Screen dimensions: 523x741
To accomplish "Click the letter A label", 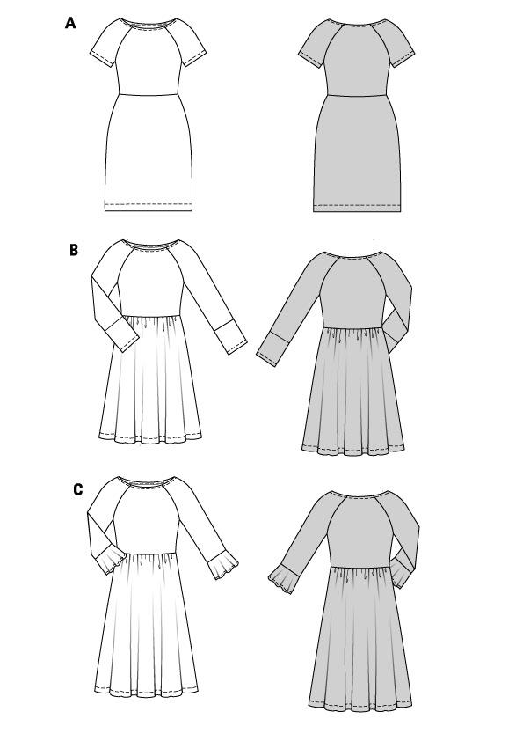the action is pyautogui.click(x=70, y=23).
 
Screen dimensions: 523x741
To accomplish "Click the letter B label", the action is pyautogui.click(x=74, y=250).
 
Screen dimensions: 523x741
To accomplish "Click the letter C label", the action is pyautogui.click(x=78, y=489).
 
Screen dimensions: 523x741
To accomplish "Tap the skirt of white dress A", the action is pyautogui.click(x=148, y=152).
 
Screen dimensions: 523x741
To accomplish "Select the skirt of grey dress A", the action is pyautogui.click(x=358, y=154).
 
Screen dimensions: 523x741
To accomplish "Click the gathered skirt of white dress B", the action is pyautogui.click(x=150, y=378).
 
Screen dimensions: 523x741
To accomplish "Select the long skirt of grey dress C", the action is pyautogui.click(x=360, y=638).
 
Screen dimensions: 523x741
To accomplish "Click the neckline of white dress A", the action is pyautogui.click(x=148, y=22).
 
